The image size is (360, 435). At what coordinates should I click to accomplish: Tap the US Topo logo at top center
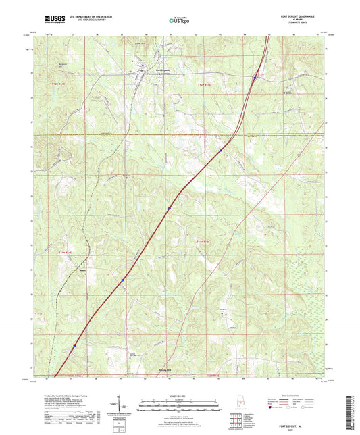(x=179, y=21)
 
